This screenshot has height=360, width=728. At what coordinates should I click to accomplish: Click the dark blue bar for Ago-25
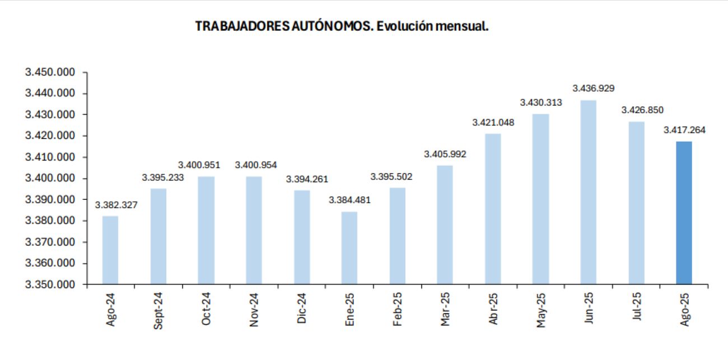point(684,213)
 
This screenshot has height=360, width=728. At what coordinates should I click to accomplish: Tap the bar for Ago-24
point(110,250)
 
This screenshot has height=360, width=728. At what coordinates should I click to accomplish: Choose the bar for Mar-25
point(445,225)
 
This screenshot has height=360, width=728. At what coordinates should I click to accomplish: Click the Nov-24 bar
point(254,230)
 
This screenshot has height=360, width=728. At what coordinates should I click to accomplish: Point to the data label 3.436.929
point(593,88)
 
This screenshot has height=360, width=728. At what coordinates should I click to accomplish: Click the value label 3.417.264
point(684,130)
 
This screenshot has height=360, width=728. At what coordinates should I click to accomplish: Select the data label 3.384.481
point(349,200)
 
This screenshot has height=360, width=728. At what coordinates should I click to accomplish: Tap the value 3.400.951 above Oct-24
point(199,165)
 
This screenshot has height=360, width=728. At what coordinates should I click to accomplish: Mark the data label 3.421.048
point(493,122)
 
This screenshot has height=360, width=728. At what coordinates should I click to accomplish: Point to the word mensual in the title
point(460,26)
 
